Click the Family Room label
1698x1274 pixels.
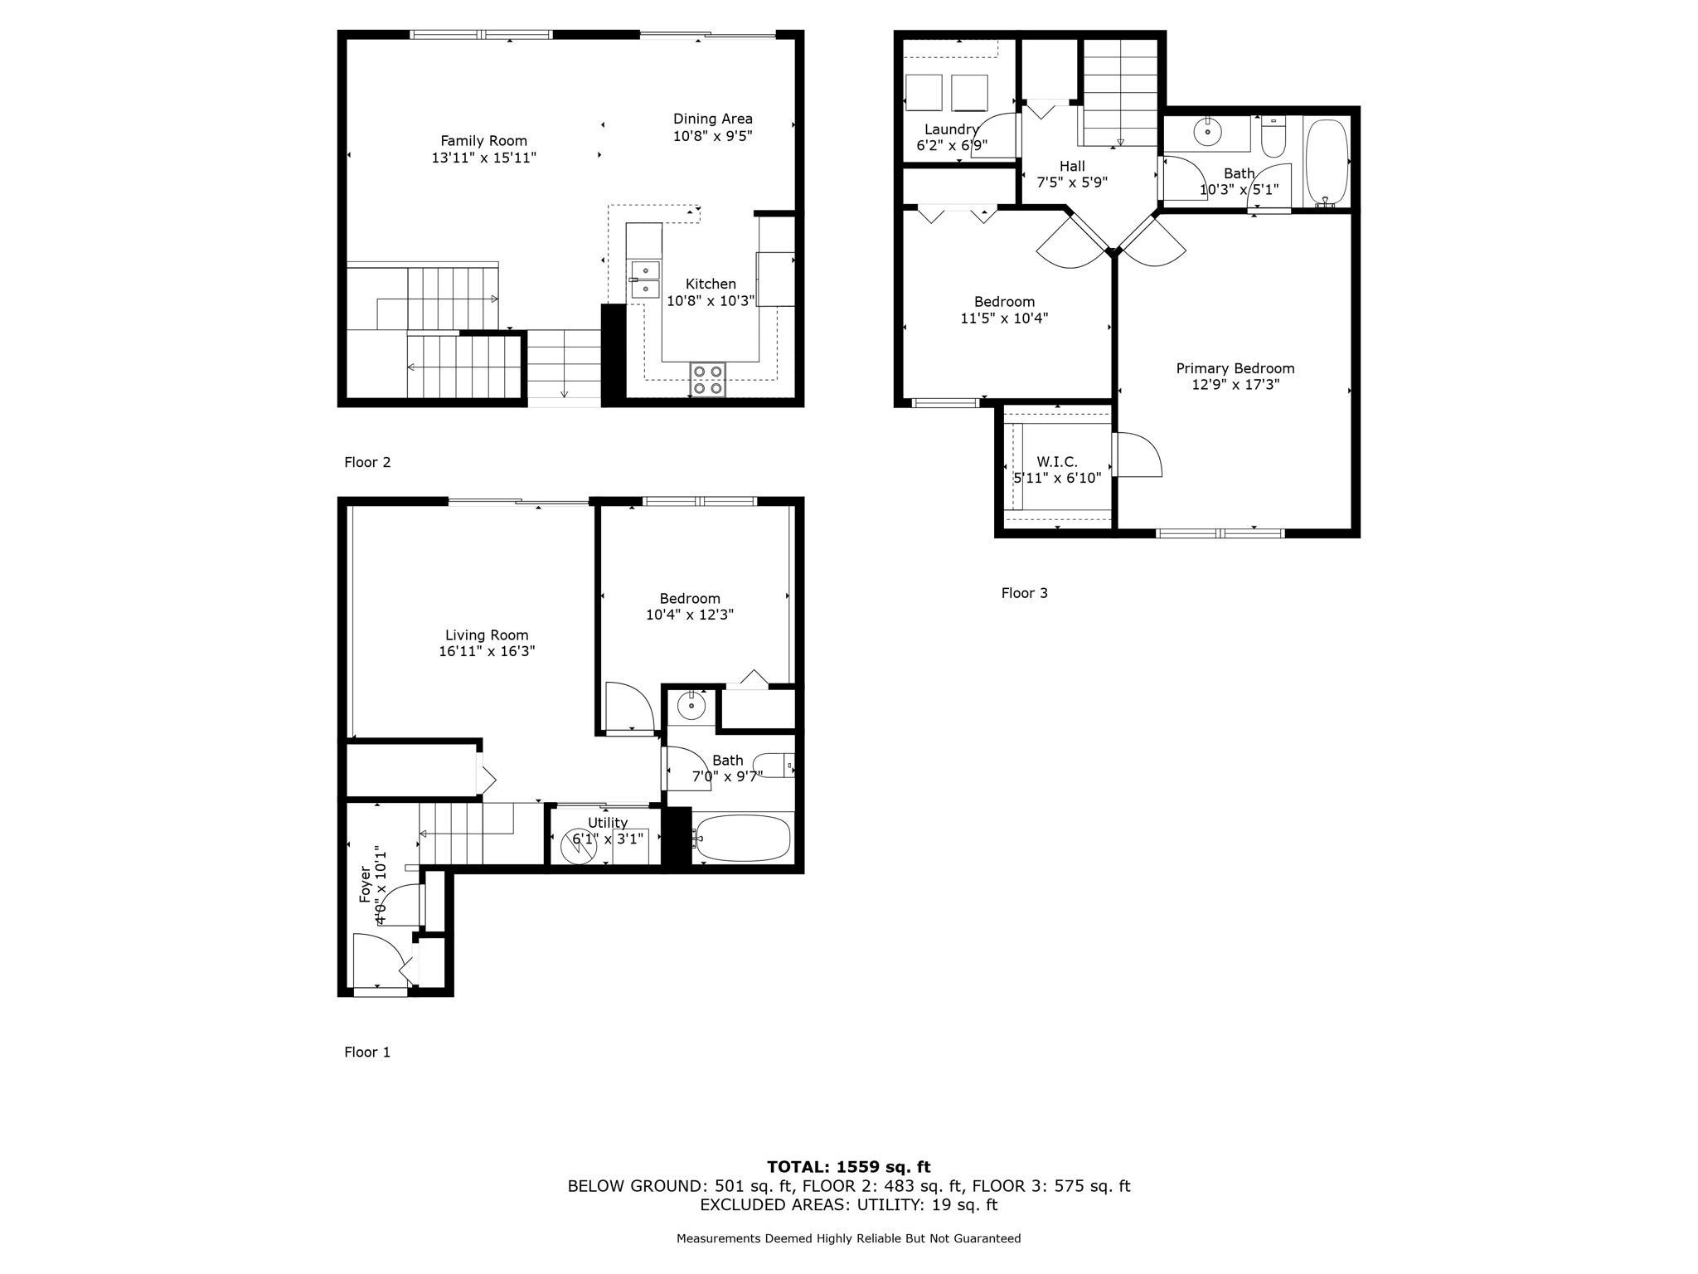483,141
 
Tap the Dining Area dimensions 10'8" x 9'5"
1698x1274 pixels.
712,136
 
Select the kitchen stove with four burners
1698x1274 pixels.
708,379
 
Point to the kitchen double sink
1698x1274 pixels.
645,280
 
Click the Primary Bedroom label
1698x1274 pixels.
1235,368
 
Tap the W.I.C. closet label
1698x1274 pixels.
1057,462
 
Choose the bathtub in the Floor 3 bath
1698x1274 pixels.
1327,163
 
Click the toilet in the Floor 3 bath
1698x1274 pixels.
1273,139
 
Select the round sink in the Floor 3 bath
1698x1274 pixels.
1208,132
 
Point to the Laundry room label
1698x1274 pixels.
951,129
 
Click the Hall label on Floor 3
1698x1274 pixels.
1072,166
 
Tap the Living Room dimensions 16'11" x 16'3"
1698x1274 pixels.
487,652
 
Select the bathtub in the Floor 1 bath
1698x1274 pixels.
743,839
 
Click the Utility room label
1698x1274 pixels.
608,823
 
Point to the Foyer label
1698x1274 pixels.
365,886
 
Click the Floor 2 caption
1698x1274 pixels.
367,462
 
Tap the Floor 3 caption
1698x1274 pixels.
1024,593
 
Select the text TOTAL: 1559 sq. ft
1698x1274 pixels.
848,1167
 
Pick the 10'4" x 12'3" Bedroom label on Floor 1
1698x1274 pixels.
689,599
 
